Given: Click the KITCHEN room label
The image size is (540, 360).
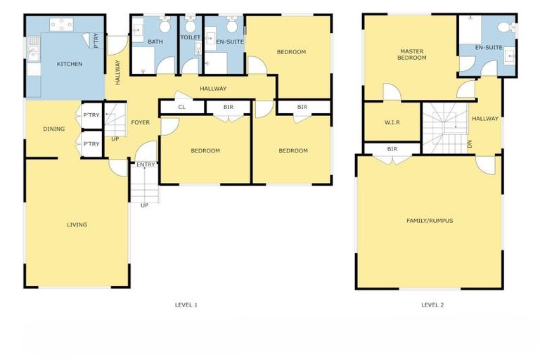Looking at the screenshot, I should click(x=69, y=64).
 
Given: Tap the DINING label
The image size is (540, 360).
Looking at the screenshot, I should click(x=53, y=129).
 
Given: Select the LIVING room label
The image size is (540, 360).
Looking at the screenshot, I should click(x=77, y=225).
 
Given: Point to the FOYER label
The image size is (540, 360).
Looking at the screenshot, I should click(x=141, y=122).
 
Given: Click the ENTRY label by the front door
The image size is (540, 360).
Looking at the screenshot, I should click(x=146, y=165).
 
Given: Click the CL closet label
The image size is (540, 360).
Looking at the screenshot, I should click(x=181, y=107).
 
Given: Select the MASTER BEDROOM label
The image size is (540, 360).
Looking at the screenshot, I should click(x=413, y=54).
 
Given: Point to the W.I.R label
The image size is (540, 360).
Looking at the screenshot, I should click(x=392, y=122).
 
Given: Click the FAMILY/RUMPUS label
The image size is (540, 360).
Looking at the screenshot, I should click(x=429, y=221).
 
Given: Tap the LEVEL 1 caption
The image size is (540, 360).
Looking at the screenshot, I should click(x=186, y=304).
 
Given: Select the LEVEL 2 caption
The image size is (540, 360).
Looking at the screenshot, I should click(x=432, y=304).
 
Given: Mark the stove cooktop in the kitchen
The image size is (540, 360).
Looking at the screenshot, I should click(x=62, y=24).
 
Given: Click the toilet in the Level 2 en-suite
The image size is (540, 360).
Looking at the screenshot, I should click(x=503, y=27).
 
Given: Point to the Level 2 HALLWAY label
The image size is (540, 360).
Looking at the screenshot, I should click(x=485, y=119).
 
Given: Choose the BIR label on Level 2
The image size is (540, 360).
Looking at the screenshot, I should click(x=392, y=149).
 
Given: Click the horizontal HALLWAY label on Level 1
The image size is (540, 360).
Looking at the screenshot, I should click(x=213, y=89).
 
